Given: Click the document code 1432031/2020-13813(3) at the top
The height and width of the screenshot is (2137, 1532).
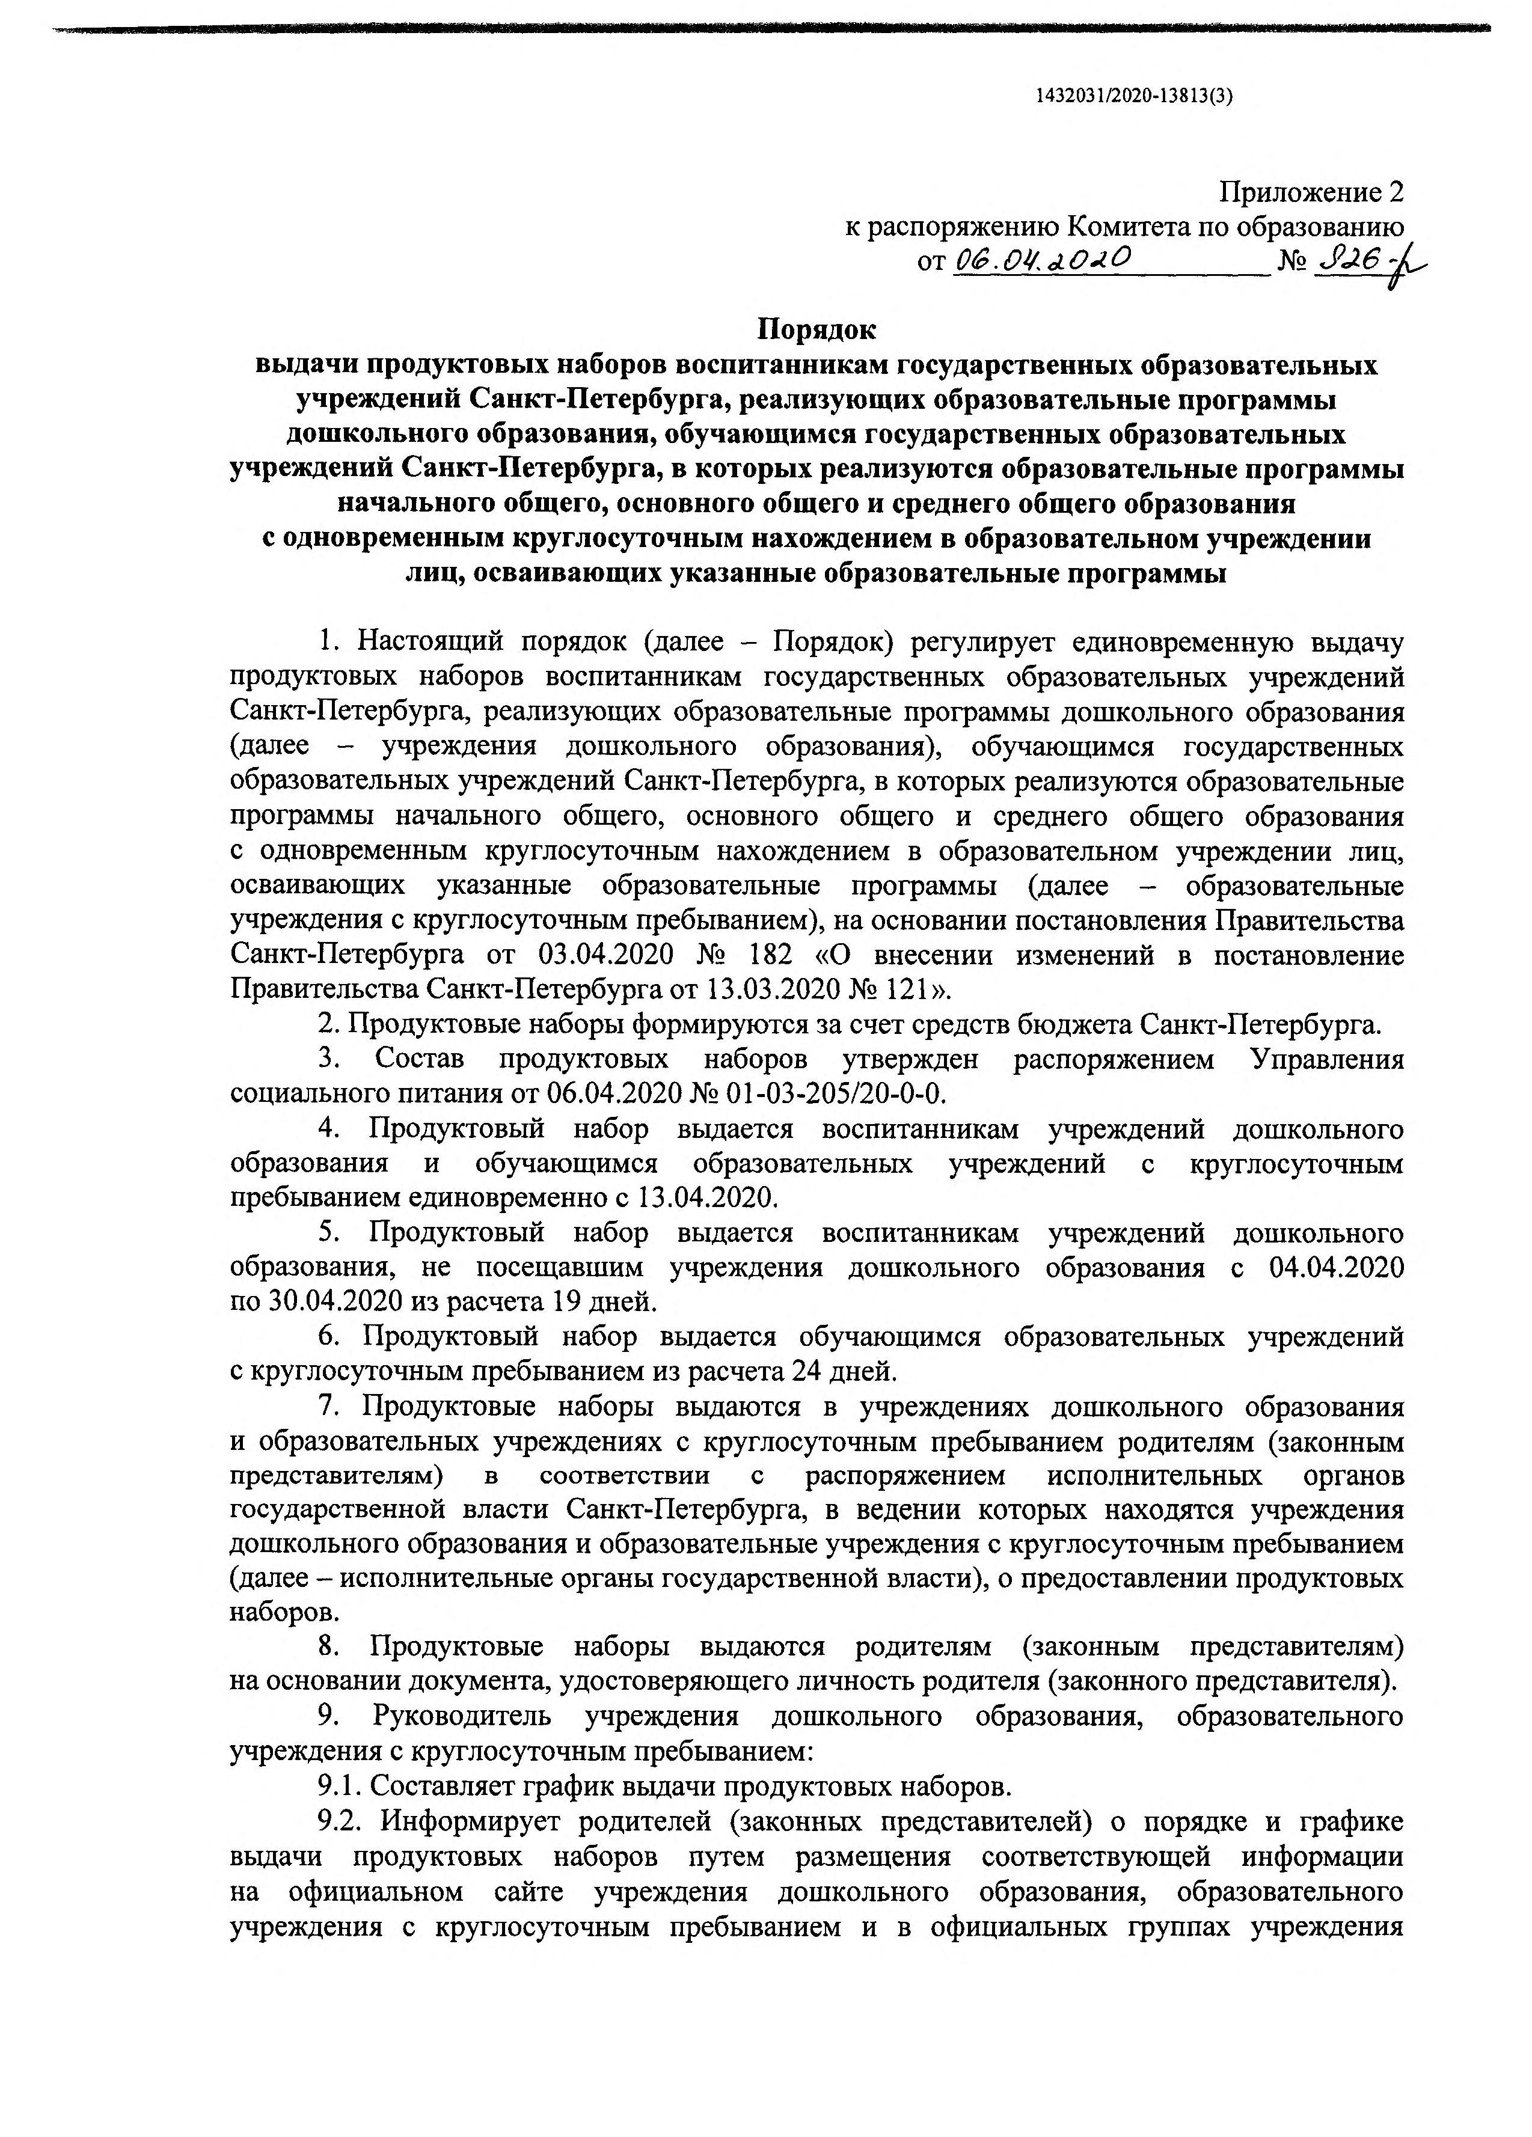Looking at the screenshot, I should [x=1133, y=95].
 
